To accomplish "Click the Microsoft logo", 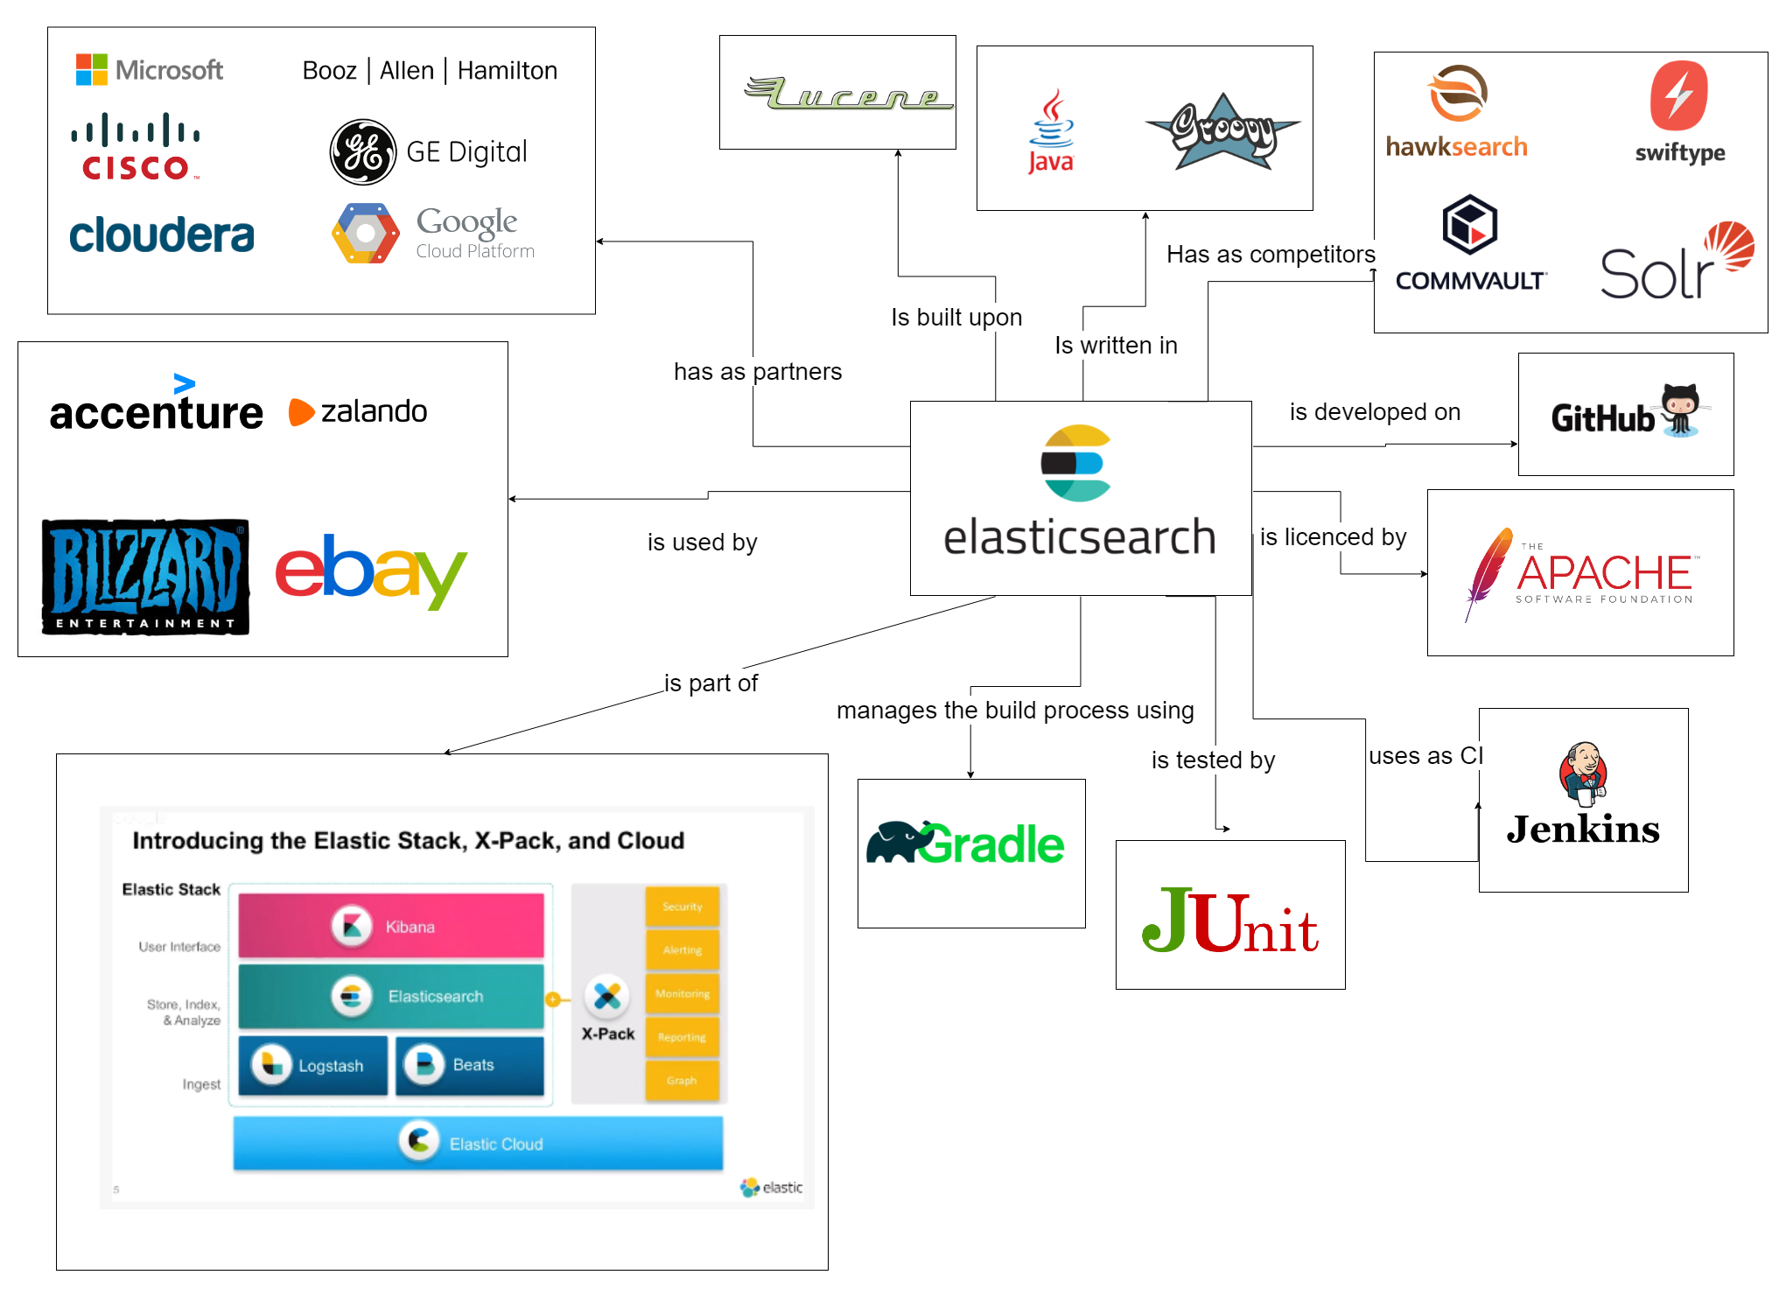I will tap(149, 70).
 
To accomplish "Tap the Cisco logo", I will tap(136, 147).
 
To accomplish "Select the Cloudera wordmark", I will tap(162, 235).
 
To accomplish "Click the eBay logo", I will tap(371, 571).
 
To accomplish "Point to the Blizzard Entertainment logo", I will tap(145, 577).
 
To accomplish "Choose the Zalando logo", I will tap(358, 411).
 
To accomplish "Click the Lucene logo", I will tap(847, 94).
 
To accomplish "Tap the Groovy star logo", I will tap(1223, 131).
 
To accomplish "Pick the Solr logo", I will tap(1676, 263).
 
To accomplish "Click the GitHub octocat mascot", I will tap(1680, 410).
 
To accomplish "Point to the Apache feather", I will tap(1488, 572).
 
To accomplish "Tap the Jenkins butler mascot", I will tap(1582, 773).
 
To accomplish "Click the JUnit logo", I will tap(1229, 921).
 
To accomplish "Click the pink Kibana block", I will tap(391, 926).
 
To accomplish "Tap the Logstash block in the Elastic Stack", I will tap(312, 1065).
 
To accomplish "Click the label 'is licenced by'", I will tap(1333, 537).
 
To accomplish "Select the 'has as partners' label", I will tap(758, 372).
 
